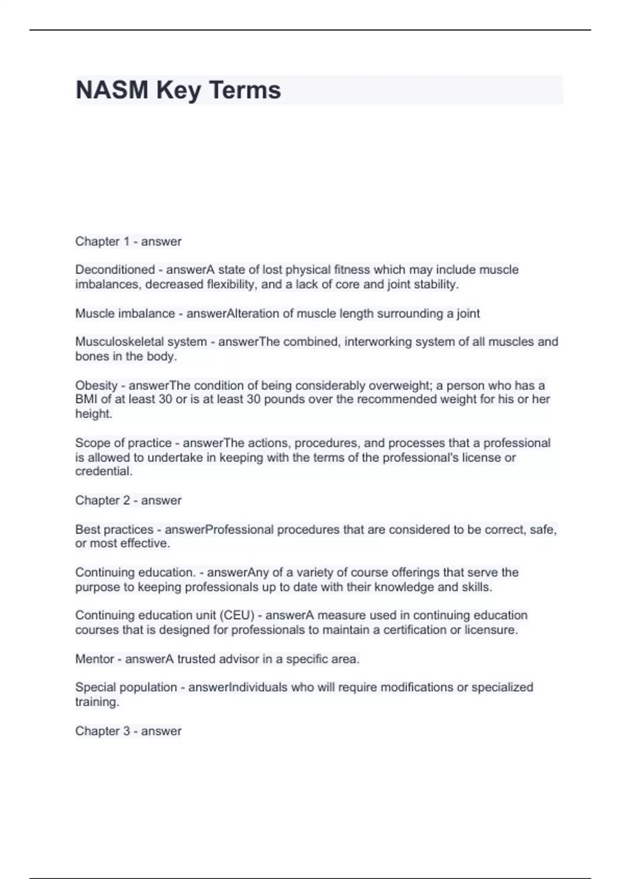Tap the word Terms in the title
245,90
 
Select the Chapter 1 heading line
128,241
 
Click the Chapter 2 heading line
128,501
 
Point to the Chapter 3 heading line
128,731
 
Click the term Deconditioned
115,270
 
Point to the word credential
103,472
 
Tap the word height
93,414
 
